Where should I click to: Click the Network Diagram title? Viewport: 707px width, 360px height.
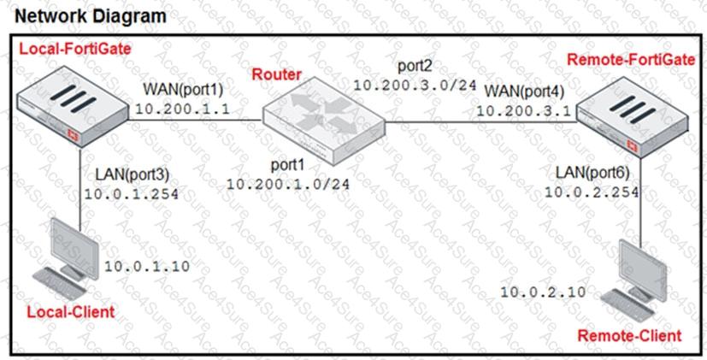91,15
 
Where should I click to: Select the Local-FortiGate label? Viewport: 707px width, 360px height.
75,49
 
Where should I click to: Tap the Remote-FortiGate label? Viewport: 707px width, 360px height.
631,60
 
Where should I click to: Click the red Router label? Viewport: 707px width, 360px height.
276,74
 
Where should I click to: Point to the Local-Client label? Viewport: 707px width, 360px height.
71,311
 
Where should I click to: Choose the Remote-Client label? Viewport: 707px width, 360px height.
629,336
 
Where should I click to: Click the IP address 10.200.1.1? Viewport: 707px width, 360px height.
184,109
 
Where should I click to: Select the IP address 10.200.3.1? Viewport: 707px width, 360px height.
525,110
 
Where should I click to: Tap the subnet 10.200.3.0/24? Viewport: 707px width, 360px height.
415,85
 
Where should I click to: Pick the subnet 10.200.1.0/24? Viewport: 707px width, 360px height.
287,184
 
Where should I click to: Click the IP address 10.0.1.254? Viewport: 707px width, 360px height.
132,194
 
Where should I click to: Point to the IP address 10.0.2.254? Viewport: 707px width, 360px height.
592,192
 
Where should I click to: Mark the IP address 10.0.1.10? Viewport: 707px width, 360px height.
147,266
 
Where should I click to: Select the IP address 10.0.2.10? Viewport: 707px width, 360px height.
544,292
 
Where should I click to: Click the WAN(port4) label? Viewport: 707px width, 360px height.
524,91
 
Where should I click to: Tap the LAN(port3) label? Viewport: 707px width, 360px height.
133,175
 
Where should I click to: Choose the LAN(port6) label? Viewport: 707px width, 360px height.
592,173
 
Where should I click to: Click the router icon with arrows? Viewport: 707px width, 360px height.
324,121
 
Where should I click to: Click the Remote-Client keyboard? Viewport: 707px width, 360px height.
627,305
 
